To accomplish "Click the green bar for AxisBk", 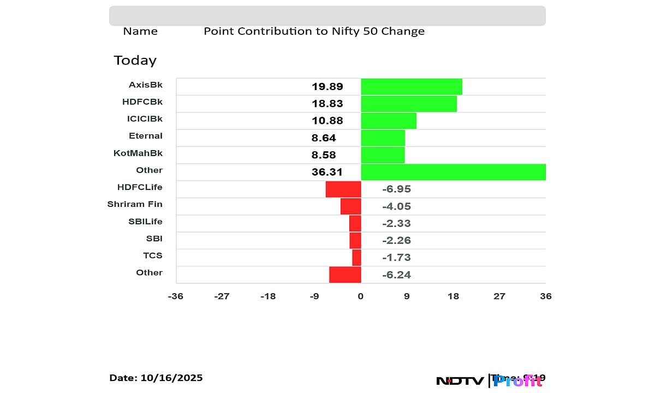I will click(x=412, y=87).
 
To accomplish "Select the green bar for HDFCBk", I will click(x=409, y=104).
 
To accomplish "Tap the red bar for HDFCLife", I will click(x=343, y=189).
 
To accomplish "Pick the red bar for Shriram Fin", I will click(x=351, y=206).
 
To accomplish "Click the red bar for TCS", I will click(x=356, y=257).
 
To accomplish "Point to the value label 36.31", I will click(x=327, y=172).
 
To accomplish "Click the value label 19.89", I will click(x=327, y=87).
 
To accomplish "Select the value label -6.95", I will click(x=396, y=189).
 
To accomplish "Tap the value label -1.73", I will click(x=396, y=257).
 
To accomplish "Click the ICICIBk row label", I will click(x=145, y=118).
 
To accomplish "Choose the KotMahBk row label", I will click(x=138, y=153).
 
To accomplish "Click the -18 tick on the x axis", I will click(x=268, y=296).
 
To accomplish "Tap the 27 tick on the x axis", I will click(x=499, y=296).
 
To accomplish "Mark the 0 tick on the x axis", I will click(x=361, y=296).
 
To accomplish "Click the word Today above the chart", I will click(x=135, y=60).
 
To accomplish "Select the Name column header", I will click(x=140, y=31).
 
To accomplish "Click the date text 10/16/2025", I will click(x=172, y=378).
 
